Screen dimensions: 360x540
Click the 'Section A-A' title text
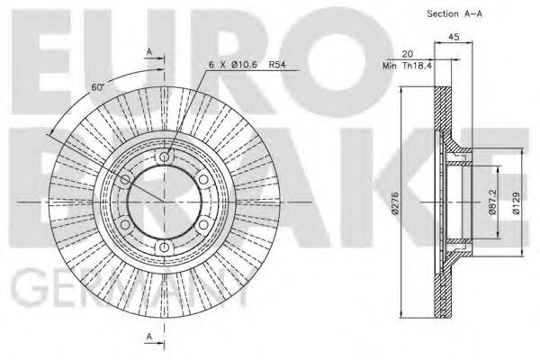[454, 15]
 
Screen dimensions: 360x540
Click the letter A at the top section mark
[150, 52]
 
